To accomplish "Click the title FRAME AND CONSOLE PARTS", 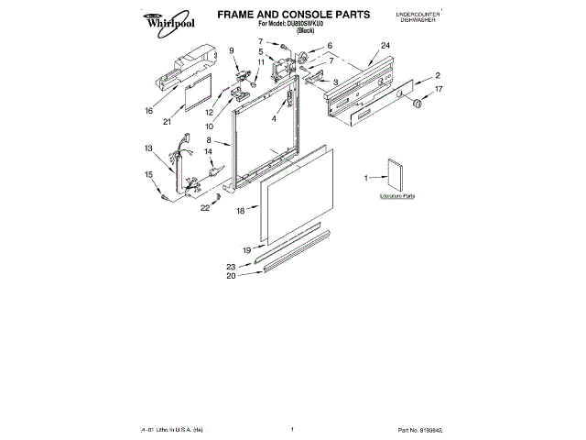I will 292,15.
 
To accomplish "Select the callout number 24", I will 385,46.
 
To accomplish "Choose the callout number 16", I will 149,111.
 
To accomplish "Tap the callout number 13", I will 148,148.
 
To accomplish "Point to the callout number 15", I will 148,174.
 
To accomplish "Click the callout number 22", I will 204,208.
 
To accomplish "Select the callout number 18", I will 241,211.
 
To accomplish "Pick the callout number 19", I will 246,249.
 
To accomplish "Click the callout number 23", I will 231,266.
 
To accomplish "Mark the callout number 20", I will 231,275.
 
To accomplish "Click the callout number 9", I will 232,50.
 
